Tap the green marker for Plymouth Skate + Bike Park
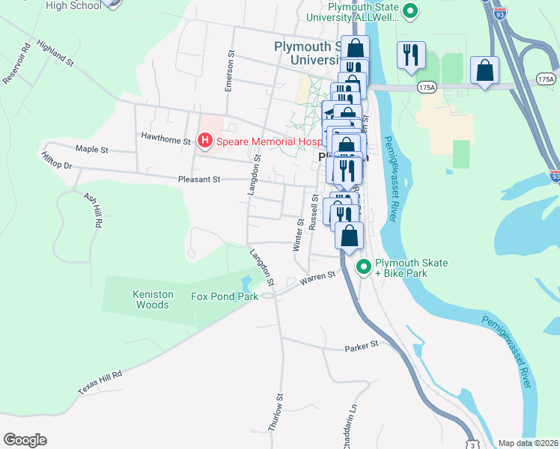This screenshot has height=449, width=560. (364, 267)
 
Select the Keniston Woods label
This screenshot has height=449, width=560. (153, 299)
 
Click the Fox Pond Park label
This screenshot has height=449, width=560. (225, 296)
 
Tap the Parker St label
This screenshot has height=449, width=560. (362, 348)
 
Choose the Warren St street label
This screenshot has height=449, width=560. (317, 279)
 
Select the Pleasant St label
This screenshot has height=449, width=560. (199, 180)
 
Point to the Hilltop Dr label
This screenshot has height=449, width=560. (56, 160)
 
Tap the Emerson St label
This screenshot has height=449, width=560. (230, 72)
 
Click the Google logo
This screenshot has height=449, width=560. (25, 440)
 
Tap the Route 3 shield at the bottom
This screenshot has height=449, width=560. (472, 444)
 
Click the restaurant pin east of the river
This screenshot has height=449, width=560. (411, 56)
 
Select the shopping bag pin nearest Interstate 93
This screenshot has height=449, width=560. (484, 71)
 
